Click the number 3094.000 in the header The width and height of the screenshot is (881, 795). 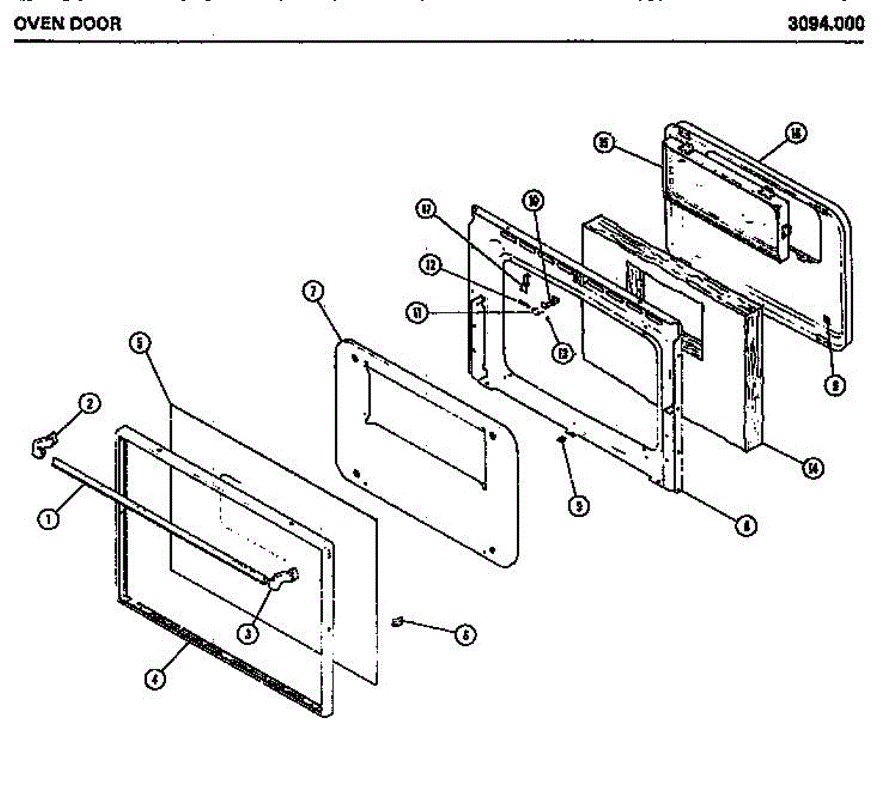pos(826,23)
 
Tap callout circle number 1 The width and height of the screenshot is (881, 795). pos(48,519)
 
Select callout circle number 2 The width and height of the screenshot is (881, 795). pos(90,403)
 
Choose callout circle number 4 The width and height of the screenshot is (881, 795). pos(153,680)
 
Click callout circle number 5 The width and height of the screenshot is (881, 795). pos(139,343)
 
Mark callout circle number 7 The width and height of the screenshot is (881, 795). pos(313,291)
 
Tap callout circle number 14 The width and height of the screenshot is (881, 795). pos(811,468)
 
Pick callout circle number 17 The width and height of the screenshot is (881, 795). pos(426,208)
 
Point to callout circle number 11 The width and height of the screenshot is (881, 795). pos(416,313)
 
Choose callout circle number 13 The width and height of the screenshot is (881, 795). pos(562,355)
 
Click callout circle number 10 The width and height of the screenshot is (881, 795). pos(534,200)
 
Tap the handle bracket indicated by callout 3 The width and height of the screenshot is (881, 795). pos(284,578)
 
